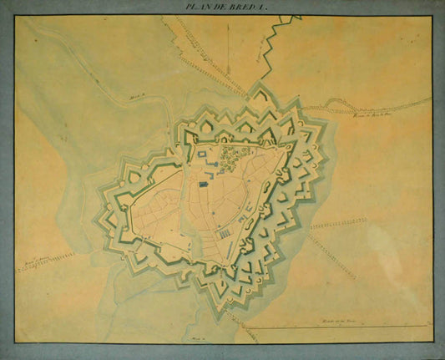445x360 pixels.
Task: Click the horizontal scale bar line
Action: click(334, 326)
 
